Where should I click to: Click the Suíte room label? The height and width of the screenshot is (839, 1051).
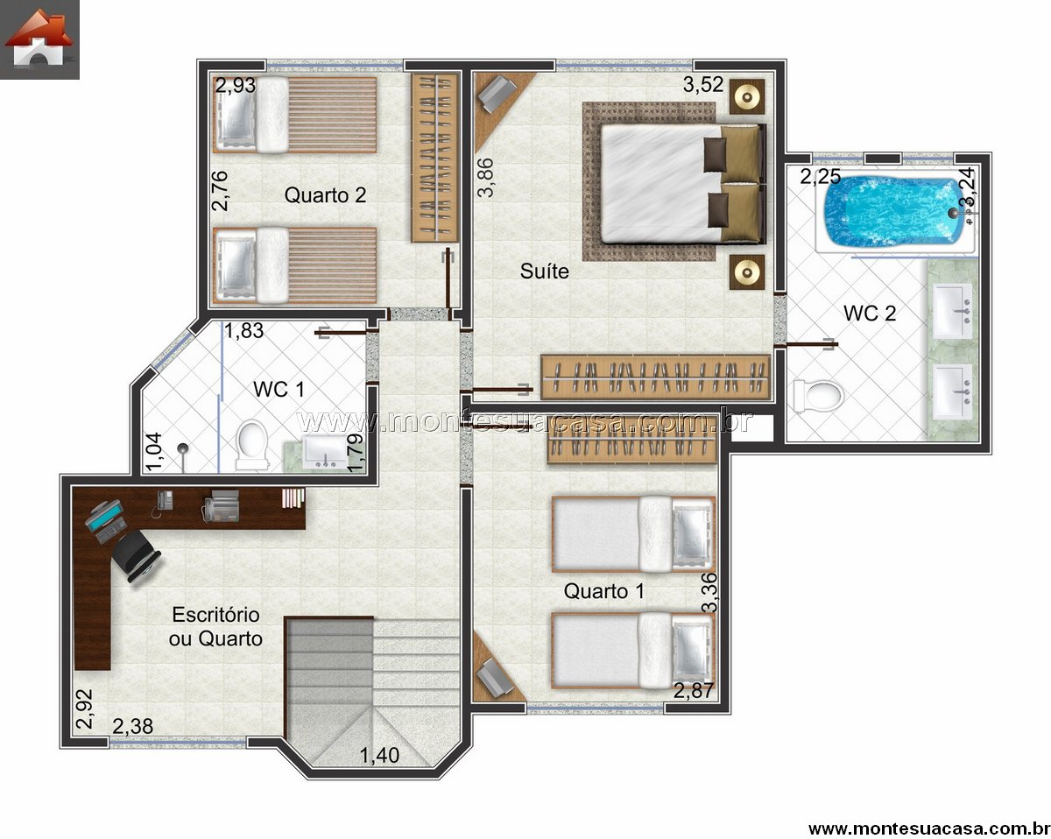[544, 271]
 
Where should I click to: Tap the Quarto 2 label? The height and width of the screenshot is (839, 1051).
[325, 194]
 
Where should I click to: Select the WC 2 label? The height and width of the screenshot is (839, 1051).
[870, 313]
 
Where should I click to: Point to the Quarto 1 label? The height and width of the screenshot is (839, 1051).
[603, 591]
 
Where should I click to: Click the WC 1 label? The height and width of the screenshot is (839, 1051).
[279, 389]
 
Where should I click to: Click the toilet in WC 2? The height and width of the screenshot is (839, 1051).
[819, 396]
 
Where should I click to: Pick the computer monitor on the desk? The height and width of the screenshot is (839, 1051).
[103, 515]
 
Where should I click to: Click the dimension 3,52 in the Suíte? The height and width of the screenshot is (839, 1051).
[702, 84]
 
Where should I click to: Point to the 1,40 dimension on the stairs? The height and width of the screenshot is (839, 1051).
[379, 756]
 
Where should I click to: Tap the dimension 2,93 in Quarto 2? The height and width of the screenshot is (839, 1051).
[236, 86]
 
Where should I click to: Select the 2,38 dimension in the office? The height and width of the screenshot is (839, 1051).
[133, 726]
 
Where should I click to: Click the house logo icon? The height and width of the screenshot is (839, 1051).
[39, 39]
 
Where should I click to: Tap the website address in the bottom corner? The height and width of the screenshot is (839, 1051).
[929, 828]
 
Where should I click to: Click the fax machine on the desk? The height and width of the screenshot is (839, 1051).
[221, 506]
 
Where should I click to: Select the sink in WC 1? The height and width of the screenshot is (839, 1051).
[325, 451]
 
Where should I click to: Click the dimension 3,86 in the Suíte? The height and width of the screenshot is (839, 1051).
[485, 178]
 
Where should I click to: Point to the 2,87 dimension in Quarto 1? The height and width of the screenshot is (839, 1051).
[694, 691]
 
